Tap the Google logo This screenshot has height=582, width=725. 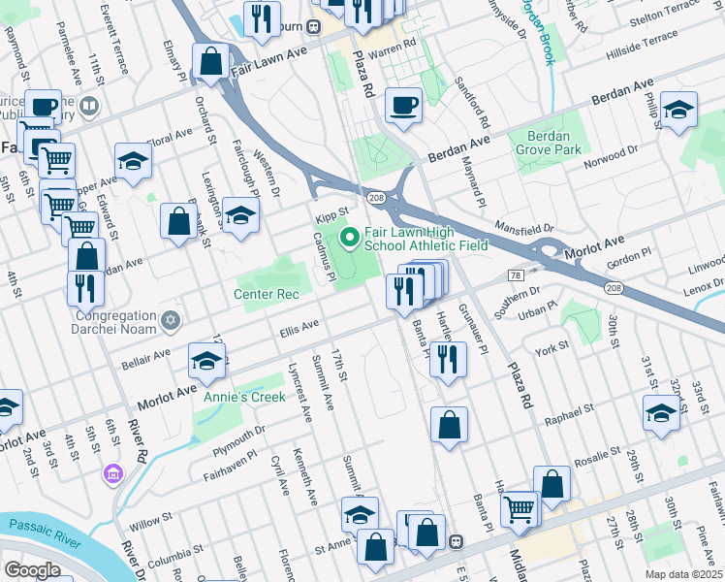(x=32, y=569)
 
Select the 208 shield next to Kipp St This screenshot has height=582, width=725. (x=376, y=198)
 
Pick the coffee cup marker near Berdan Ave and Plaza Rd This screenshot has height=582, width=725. (x=403, y=105)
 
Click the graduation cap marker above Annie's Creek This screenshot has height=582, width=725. (x=205, y=361)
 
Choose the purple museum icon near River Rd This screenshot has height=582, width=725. (x=113, y=473)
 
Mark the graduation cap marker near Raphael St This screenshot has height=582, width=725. (x=661, y=411)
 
